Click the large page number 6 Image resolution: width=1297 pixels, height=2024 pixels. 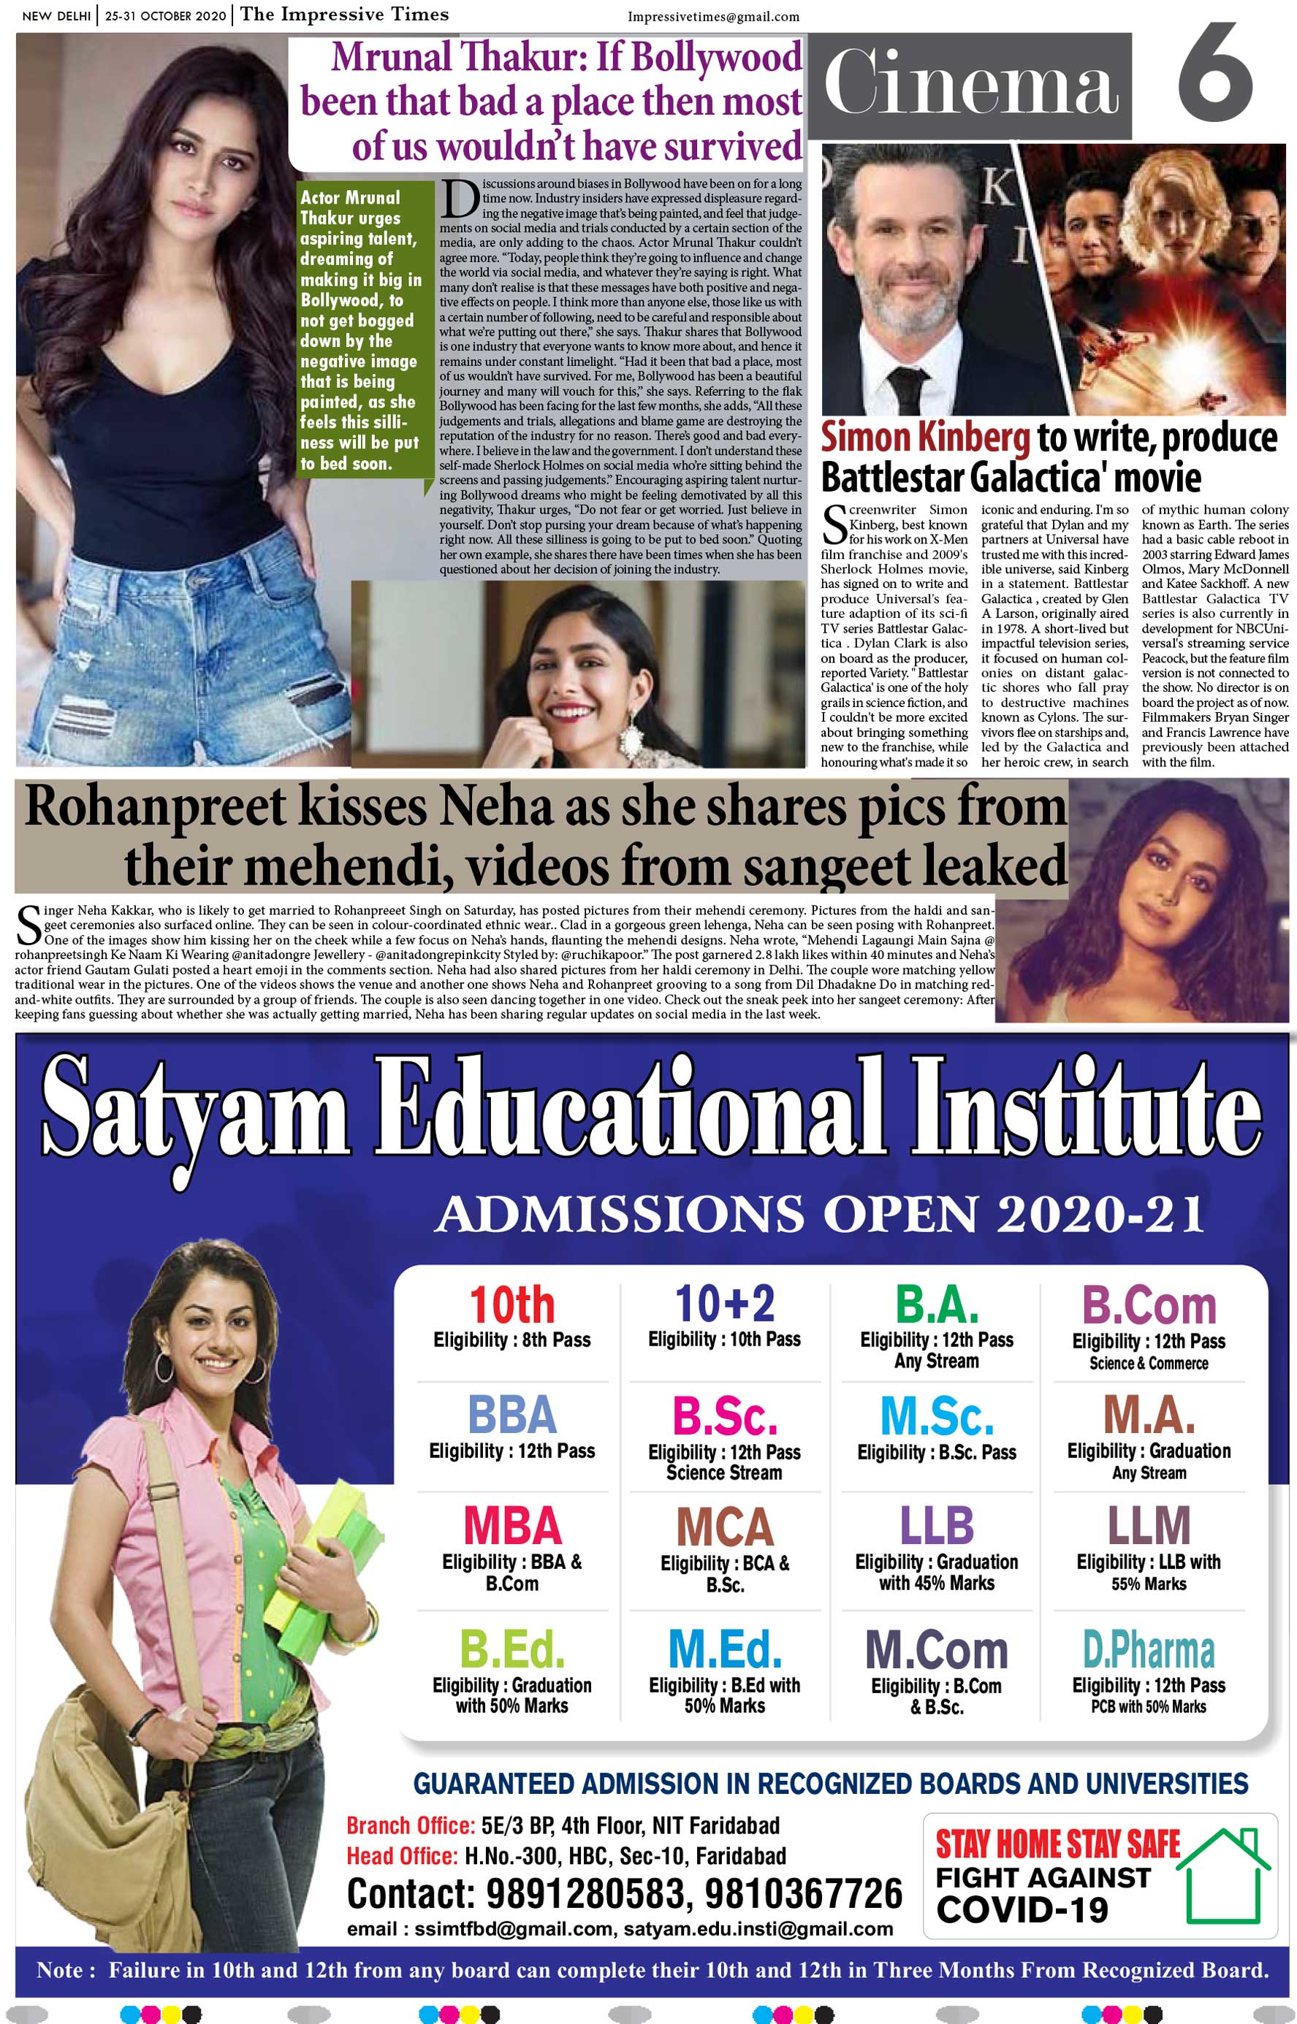[1214, 73]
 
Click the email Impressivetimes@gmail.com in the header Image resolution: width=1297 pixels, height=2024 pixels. [712, 17]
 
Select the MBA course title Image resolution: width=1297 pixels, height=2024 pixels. [512, 1527]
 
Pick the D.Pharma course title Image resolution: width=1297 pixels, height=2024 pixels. [1148, 1651]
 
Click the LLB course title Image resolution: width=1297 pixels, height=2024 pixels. [937, 1527]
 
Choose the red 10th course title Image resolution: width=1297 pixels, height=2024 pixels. [512, 1306]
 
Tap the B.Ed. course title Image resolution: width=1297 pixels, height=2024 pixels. [512, 1651]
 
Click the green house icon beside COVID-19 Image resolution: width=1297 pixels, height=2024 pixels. [1223, 1874]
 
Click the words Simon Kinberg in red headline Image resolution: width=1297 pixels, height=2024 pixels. [925, 438]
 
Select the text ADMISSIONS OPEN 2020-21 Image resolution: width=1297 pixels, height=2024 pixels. [818, 1215]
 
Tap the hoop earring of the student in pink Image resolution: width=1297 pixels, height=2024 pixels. [164, 1368]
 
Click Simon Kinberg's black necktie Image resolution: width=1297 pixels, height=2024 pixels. [909, 391]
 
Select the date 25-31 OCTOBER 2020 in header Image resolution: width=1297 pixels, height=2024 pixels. [165, 16]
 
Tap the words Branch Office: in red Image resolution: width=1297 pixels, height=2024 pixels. [410, 1826]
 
